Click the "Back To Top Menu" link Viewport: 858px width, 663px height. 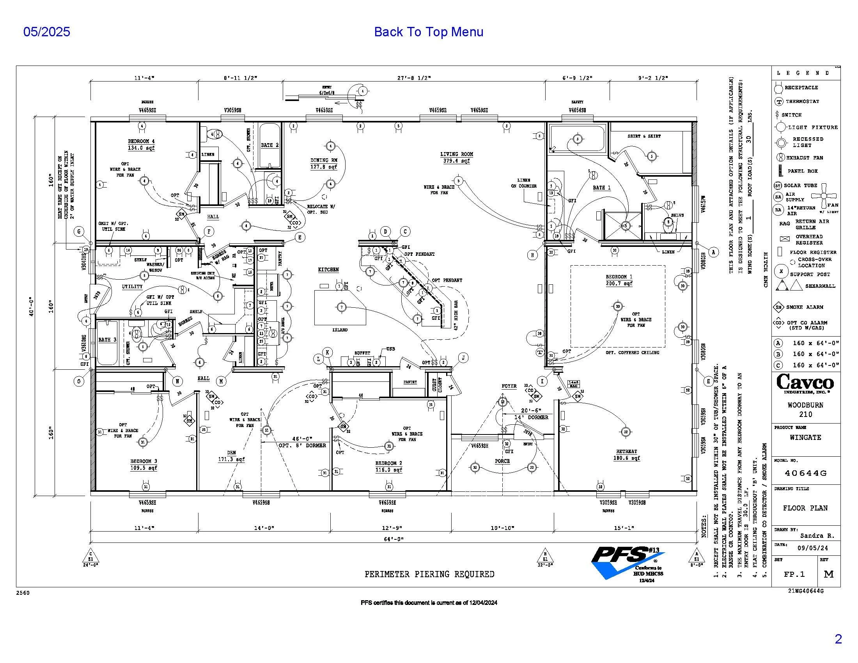click(x=428, y=32)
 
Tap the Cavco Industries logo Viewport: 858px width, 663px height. click(x=805, y=383)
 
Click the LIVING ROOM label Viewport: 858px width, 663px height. click(x=457, y=154)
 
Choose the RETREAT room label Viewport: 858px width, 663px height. click(x=626, y=452)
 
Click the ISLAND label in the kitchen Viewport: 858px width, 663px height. click(x=340, y=330)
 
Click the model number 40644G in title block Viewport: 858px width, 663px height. click(x=805, y=473)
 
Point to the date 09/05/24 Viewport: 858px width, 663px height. click(x=812, y=548)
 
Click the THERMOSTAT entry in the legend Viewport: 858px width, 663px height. click(x=802, y=101)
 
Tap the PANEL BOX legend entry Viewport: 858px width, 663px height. click(x=803, y=171)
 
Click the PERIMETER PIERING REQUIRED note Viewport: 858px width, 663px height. click(x=429, y=574)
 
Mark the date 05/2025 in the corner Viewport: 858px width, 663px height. click(x=47, y=32)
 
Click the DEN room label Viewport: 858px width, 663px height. click(x=231, y=453)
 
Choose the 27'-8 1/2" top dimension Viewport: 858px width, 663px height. click(x=414, y=78)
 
